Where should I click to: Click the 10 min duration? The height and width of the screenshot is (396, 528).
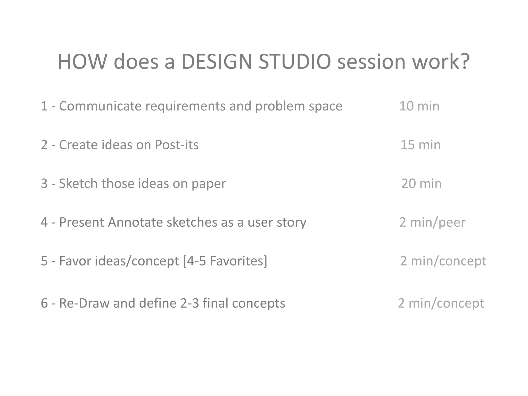(x=419, y=106)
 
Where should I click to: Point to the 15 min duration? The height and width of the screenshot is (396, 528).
(x=420, y=145)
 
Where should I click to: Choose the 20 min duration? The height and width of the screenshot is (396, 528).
(x=421, y=183)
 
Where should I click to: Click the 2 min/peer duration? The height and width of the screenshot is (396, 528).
(x=432, y=222)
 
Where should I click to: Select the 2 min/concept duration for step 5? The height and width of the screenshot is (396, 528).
(x=443, y=261)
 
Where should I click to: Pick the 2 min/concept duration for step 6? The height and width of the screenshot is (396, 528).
(x=441, y=303)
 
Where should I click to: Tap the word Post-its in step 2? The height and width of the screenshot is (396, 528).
(x=177, y=145)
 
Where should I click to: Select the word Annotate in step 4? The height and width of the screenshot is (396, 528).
(x=135, y=222)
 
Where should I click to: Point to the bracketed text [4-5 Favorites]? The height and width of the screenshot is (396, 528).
(x=225, y=261)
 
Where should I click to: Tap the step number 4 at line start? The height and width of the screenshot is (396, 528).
(x=44, y=222)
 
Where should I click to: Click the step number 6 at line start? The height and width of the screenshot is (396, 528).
(x=44, y=303)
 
